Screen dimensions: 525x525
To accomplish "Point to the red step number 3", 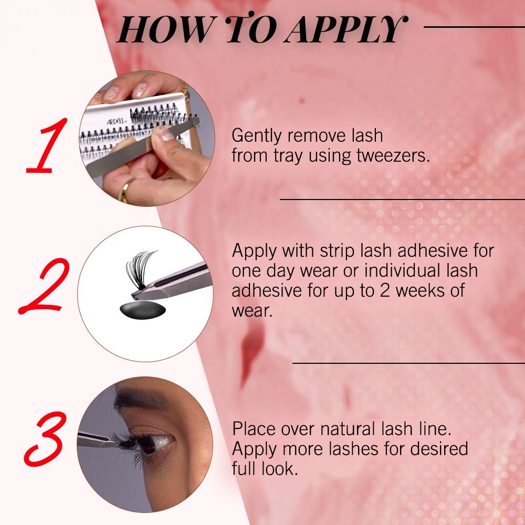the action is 45,439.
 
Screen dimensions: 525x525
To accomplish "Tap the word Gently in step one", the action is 257,136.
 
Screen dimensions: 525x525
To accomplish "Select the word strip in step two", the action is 338,251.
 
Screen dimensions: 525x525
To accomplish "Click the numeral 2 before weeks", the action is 385,290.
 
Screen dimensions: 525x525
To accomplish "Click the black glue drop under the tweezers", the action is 143,310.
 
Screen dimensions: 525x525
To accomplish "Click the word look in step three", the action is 280,469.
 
